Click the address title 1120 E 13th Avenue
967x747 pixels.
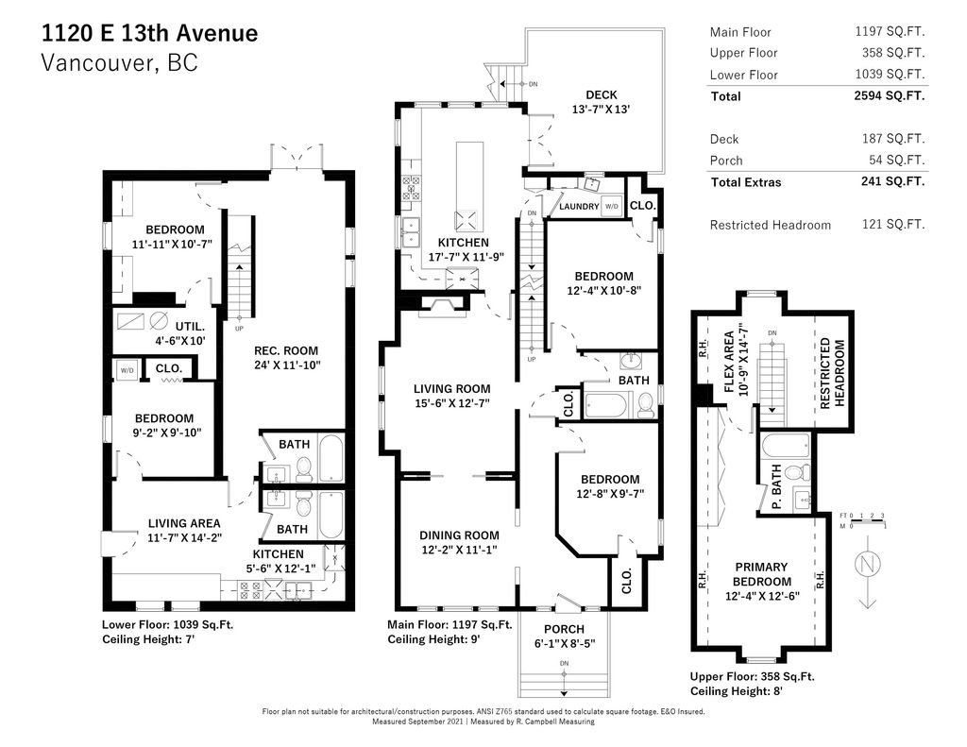[x=150, y=33]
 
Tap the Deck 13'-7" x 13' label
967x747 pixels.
[x=601, y=102]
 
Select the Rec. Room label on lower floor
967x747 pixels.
[x=286, y=358]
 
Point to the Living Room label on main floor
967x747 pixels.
[x=452, y=396]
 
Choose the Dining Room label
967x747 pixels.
[x=459, y=542]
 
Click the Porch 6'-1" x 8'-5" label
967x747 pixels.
[x=564, y=637]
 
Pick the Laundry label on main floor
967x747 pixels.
[x=579, y=206]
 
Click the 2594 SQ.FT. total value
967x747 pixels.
[x=890, y=95]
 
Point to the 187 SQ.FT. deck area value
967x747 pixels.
[x=893, y=139]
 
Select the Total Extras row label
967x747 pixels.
[x=746, y=182]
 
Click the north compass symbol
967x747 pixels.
[x=867, y=571]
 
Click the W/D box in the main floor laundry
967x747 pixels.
[x=611, y=206]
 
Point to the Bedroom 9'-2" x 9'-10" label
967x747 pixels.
[x=164, y=426]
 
